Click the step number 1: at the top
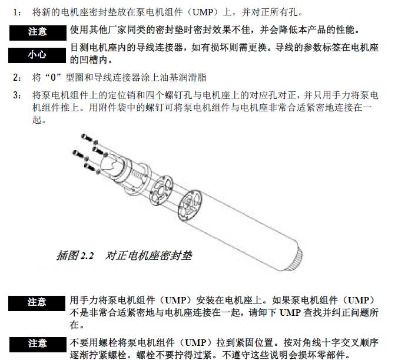point(17,12)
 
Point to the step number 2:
point(17,77)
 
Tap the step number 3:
point(17,95)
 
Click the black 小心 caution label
point(37,55)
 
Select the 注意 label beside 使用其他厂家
point(38,33)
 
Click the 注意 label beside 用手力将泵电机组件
point(37,303)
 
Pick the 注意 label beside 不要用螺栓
point(38,345)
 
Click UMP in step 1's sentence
point(203,12)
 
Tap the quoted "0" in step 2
point(53,77)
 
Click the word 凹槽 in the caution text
point(89,60)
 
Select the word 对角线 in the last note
point(307,342)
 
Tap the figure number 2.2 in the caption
point(87,256)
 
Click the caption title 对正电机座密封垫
point(148,256)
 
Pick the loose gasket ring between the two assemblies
point(161,190)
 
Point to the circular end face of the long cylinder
point(190,206)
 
